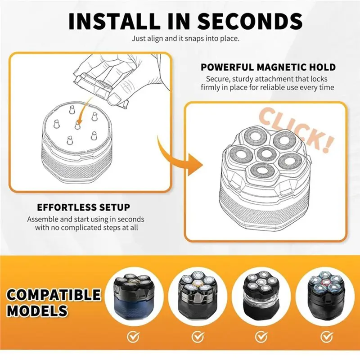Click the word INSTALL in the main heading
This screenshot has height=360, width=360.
click(114, 21)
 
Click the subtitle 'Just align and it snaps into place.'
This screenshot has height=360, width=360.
click(185, 38)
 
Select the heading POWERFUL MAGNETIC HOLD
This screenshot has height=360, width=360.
click(268, 67)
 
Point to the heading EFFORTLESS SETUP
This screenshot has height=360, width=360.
click(84, 207)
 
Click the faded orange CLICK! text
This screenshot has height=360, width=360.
click(296, 130)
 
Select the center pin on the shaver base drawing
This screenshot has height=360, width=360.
click(77, 125)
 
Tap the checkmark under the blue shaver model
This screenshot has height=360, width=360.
click(133, 337)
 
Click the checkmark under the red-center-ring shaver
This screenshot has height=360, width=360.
click(326, 337)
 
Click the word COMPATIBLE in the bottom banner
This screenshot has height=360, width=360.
click(54, 295)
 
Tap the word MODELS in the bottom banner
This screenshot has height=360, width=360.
click(37, 310)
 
